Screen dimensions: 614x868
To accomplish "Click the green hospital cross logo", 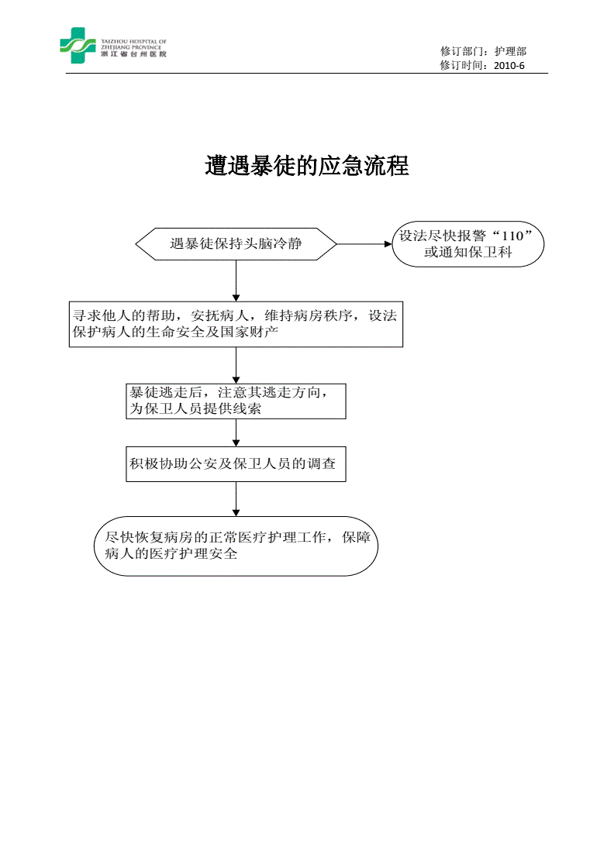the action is click(x=78, y=46).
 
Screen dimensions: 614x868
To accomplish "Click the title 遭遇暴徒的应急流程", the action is click(x=307, y=166).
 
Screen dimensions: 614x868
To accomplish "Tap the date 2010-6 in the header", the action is click(x=509, y=65).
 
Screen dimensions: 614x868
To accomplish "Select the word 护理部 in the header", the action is click(x=510, y=51).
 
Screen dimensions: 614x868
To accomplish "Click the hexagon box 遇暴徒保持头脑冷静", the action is click(x=236, y=243).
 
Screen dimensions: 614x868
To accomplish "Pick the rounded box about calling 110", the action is click(x=467, y=244).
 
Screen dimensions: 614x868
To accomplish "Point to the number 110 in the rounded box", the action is click(x=512, y=236).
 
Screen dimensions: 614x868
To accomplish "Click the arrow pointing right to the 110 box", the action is click(x=364, y=243).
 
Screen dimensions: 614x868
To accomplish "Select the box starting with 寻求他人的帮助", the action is click(x=236, y=325).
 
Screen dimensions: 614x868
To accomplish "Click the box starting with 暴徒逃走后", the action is click(x=236, y=401).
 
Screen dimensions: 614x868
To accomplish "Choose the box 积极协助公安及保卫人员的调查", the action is click(x=236, y=464).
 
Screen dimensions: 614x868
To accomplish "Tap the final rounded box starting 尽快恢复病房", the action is click(x=236, y=546).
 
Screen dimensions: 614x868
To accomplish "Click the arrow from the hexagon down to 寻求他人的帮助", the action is click(x=236, y=281).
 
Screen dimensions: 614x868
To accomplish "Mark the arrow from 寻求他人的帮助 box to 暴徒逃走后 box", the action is click(x=236, y=365).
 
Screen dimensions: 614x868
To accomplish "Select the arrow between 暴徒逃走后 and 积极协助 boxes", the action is click(x=236, y=432).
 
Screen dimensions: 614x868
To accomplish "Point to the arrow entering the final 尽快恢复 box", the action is click(x=236, y=499).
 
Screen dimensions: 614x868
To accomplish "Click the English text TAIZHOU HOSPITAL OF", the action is click(x=133, y=42).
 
